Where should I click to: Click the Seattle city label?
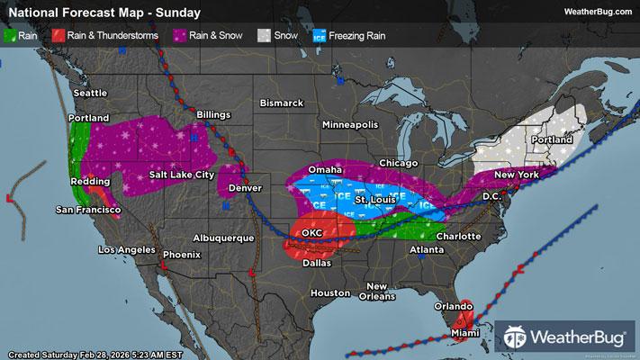point(89,93)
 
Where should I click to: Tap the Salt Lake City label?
point(181,174)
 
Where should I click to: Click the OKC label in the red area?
point(311,232)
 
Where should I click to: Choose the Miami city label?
point(465,333)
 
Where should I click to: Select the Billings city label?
point(213,115)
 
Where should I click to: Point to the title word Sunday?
point(178,13)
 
